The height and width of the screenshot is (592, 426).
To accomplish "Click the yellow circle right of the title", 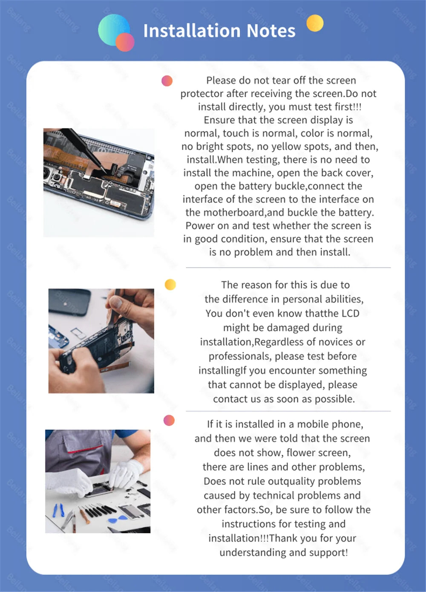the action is pyautogui.click(x=315, y=23).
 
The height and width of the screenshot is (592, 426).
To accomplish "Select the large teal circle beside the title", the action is pyautogui.click(x=114, y=29).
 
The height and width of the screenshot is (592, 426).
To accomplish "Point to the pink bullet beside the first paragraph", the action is pyautogui.click(x=167, y=81).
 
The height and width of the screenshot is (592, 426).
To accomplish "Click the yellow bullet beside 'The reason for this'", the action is pyautogui.click(x=170, y=284).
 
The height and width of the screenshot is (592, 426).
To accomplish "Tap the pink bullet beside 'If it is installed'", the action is pyautogui.click(x=169, y=420).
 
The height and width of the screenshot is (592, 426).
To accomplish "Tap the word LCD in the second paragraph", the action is pyautogui.click(x=350, y=313).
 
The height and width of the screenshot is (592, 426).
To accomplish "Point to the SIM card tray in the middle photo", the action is pyautogui.click(x=78, y=333).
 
